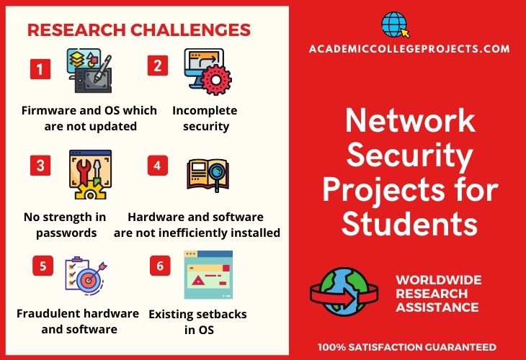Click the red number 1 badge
click(40, 69)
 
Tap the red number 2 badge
click(158, 66)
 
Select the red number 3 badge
click(40, 166)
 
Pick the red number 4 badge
click(158, 166)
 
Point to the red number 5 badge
click(43, 266)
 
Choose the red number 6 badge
click(160, 266)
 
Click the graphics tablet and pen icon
click(89, 71)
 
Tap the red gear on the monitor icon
click(215, 80)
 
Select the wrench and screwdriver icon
click(90, 175)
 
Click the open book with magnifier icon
click(208, 175)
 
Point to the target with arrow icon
click(86, 276)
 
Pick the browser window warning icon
click(208, 274)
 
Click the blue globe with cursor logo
click(395, 24)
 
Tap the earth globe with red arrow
click(344, 292)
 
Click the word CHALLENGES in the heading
click(190, 30)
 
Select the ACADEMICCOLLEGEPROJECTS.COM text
click(409, 49)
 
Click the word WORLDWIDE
click(439, 280)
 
